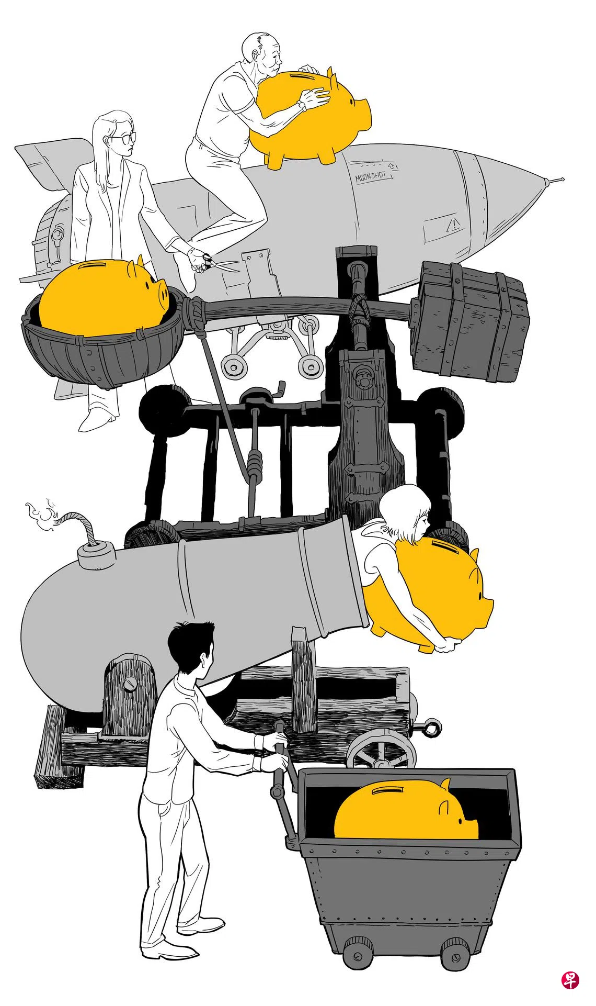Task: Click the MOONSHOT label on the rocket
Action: [371, 176]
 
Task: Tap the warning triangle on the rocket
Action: [453, 225]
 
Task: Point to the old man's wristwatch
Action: [302, 106]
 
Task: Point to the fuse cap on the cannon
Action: [96, 554]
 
